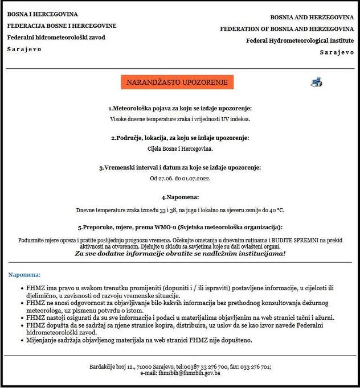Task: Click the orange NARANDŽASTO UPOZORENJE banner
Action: click(x=177, y=82)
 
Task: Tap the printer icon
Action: click(x=316, y=82)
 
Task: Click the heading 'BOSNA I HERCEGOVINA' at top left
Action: click(x=43, y=14)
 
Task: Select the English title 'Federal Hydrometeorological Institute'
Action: click(x=300, y=40)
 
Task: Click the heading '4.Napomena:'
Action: click(x=179, y=197)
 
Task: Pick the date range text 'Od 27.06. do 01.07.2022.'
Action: click(x=180, y=178)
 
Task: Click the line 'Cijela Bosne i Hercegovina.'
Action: click(x=180, y=148)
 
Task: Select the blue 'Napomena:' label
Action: click(x=24, y=275)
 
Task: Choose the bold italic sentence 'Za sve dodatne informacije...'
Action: click(x=180, y=253)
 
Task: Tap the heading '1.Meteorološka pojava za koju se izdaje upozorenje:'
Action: click(x=180, y=108)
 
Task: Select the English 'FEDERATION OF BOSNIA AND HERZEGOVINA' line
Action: click(x=287, y=28)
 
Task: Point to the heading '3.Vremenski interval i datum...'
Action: click(x=180, y=168)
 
